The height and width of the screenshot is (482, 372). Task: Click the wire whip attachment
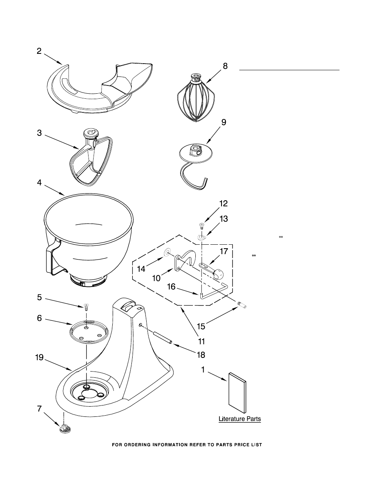point(196,98)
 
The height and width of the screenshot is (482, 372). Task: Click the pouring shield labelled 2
point(100,88)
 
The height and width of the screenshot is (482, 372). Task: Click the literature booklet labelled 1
point(237,392)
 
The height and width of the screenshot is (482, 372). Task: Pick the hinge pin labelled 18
point(161,338)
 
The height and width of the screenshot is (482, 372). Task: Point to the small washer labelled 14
point(167,252)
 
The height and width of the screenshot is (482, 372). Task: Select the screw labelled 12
point(202,226)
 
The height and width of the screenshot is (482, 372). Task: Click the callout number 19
point(39,358)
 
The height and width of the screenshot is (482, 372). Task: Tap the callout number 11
point(201,341)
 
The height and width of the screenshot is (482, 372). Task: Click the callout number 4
point(39,183)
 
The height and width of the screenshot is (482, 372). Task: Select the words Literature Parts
point(240,419)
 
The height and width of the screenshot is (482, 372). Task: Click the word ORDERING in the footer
point(137,445)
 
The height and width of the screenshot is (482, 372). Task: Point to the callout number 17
point(223,251)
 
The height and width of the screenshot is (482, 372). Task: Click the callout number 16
point(171,286)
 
